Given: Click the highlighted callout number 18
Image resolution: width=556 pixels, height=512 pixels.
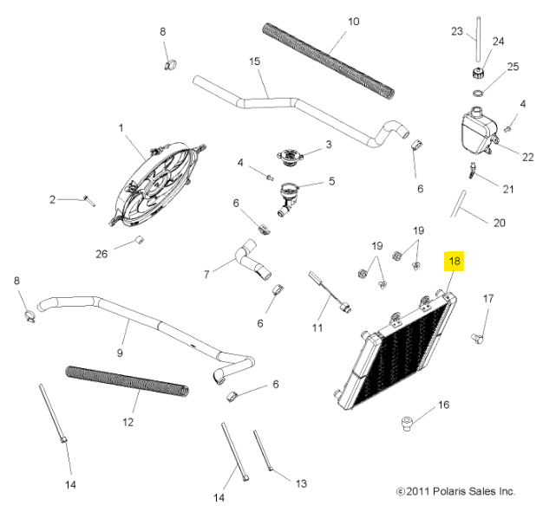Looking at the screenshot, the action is point(455,261).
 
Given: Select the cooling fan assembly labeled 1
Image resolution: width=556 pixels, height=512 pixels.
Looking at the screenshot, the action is point(157,185).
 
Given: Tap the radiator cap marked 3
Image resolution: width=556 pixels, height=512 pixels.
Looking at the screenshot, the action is point(290,157).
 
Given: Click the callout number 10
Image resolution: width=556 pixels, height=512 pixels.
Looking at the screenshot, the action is point(354,22).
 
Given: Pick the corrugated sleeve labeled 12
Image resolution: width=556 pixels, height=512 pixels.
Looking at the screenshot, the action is point(127,381).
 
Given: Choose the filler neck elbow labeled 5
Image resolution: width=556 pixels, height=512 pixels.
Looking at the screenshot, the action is point(288,199).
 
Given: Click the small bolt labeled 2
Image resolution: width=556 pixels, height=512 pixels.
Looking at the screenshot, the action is point(89,200).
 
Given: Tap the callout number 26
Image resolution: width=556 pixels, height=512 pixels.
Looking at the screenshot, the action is point(101,254).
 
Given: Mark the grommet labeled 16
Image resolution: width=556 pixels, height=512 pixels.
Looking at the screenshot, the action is point(408,423).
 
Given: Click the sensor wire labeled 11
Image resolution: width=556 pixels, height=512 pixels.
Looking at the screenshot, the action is point(330,291).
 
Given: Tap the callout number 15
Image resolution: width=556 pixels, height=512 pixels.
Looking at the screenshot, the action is point(255,62).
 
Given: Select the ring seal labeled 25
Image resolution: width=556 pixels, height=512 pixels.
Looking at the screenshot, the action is point(478,93).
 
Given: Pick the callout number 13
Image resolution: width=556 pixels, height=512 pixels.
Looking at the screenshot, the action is point(301,483).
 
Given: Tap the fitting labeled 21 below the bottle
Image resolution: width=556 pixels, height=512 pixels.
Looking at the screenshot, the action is point(473,171).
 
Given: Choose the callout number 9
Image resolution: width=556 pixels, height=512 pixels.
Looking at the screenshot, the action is point(120,353).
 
